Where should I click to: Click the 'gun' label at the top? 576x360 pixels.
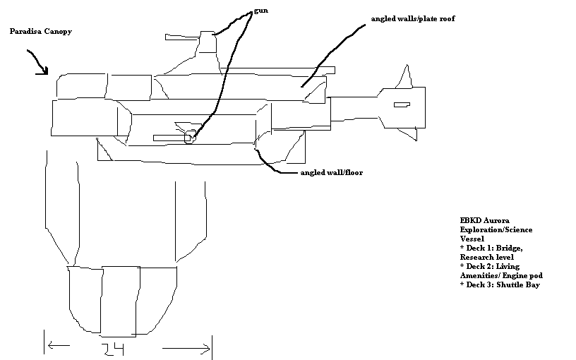260,11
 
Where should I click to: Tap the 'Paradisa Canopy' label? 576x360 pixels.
41,31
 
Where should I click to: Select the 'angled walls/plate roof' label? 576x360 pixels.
413,19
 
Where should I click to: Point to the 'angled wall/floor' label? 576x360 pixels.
331,173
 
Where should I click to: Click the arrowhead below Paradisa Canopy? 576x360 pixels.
43,71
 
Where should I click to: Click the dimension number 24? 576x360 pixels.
112,349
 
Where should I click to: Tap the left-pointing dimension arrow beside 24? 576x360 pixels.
59,345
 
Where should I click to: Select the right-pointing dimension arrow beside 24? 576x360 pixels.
186,349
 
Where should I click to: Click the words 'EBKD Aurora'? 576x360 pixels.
484,220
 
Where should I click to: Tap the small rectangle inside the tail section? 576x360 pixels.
402,104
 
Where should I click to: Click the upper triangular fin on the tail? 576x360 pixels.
404,78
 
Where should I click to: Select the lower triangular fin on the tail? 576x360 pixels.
409,133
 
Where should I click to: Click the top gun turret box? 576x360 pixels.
208,42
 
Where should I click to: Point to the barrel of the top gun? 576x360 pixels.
183,37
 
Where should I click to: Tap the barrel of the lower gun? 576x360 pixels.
172,138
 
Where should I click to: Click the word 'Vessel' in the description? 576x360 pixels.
472,239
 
